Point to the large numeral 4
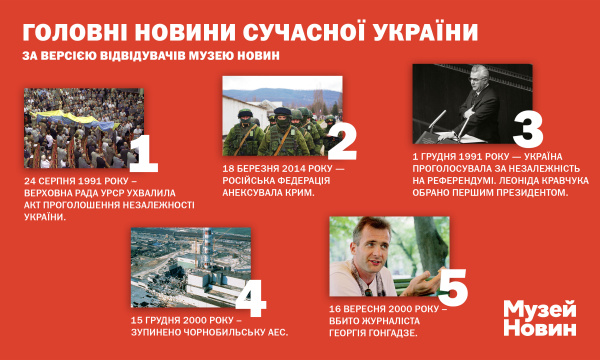250,297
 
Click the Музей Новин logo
540,318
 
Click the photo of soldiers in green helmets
282,116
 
